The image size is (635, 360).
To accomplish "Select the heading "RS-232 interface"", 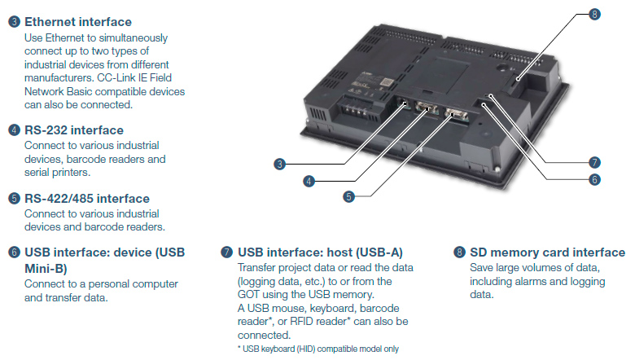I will (x=74, y=130).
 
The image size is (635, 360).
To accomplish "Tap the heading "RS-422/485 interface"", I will (x=86, y=198).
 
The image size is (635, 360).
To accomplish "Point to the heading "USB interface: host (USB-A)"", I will (x=320, y=252).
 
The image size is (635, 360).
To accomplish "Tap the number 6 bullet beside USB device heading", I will (x=14, y=252).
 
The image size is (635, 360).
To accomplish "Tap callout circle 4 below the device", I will (x=309, y=181).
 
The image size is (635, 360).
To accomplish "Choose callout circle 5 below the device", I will (x=348, y=195).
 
